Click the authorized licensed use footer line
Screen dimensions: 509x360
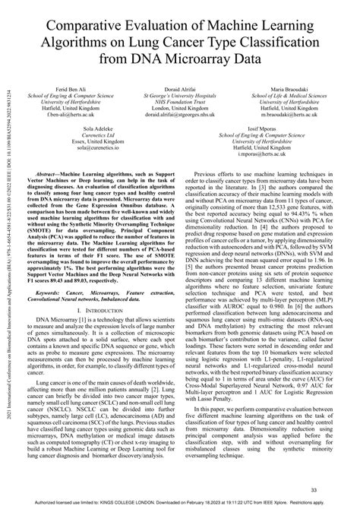(180, 502)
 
